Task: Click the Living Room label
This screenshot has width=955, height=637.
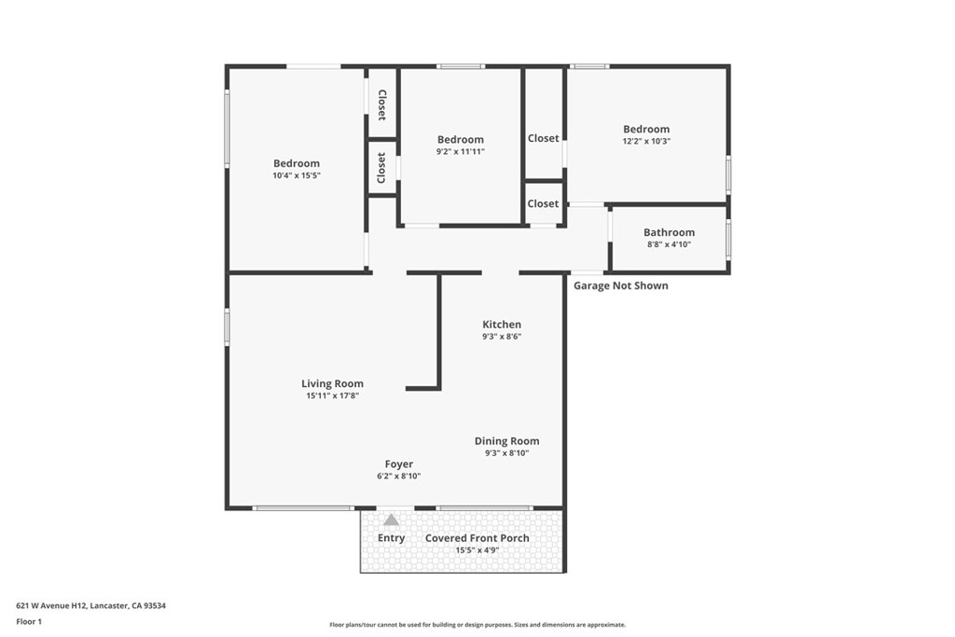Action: click(333, 383)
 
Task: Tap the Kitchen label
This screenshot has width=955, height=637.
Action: click(502, 325)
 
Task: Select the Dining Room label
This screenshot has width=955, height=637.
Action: click(506, 441)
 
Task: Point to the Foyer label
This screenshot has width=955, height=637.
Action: click(399, 464)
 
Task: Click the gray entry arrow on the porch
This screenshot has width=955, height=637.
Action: click(391, 520)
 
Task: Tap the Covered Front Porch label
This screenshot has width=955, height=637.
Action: click(477, 538)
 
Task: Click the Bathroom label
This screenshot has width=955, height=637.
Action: click(669, 232)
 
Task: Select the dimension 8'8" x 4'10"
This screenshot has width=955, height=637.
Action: click(669, 244)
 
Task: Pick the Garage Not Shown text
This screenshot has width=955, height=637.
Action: click(620, 285)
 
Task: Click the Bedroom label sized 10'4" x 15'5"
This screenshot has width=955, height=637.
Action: click(296, 163)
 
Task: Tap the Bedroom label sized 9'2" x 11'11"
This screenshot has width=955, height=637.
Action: click(461, 140)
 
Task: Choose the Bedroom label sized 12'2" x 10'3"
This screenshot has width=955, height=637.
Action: click(646, 129)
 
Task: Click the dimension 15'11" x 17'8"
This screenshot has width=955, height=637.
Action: click(333, 395)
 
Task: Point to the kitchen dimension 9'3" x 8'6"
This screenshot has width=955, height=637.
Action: click(502, 336)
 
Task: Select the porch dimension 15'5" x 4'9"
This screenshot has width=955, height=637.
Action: click(477, 550)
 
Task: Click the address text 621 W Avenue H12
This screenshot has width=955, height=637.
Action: click(51, 605)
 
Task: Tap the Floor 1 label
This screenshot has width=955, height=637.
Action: click(29, 622)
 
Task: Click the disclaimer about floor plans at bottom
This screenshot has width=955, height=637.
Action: click(477, 624)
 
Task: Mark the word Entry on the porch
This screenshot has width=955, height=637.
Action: click(391, 538)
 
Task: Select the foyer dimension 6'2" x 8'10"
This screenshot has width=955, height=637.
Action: click(399, 477)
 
